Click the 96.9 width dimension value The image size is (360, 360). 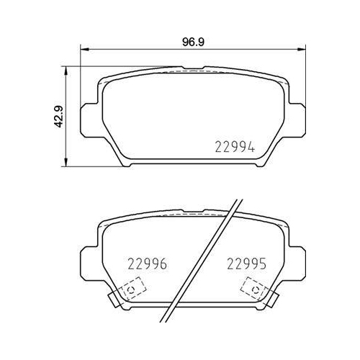pyautogui.click(x=193, y=42)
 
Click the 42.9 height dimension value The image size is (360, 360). pyautogui.click(x=58, y=117)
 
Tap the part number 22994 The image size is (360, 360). pyautogui.click(x=235, y=147)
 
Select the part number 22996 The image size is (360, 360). pyautogui.click(x=148, y=264)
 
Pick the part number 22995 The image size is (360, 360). pyautogui.click(x=246, y=264)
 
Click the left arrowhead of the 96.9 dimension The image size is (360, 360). pyautogui.click(x=84, y=50)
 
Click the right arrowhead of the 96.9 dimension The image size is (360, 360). pyautogui.click(x=302, y=50)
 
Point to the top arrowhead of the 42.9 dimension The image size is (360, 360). pyautogui.click(x=66, y=71)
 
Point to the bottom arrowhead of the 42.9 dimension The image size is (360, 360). pyautogui.click(x=66, y=162)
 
